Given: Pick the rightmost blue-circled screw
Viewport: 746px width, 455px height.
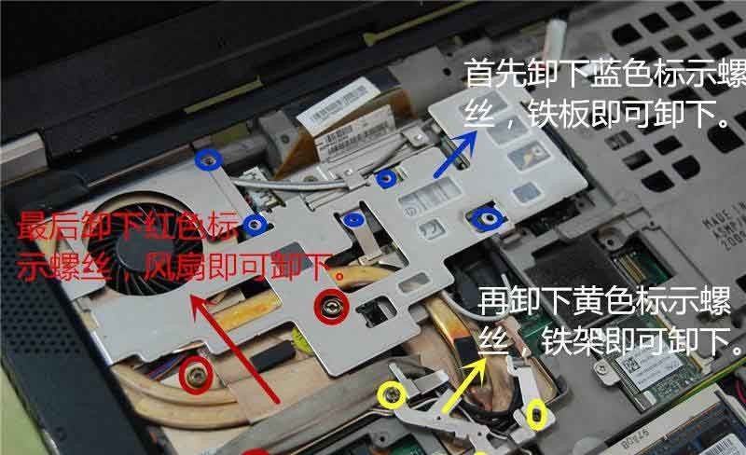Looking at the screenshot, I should (x=486, y=219).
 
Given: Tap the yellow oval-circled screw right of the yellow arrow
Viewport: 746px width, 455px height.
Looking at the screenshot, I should (x=536, y=414).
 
